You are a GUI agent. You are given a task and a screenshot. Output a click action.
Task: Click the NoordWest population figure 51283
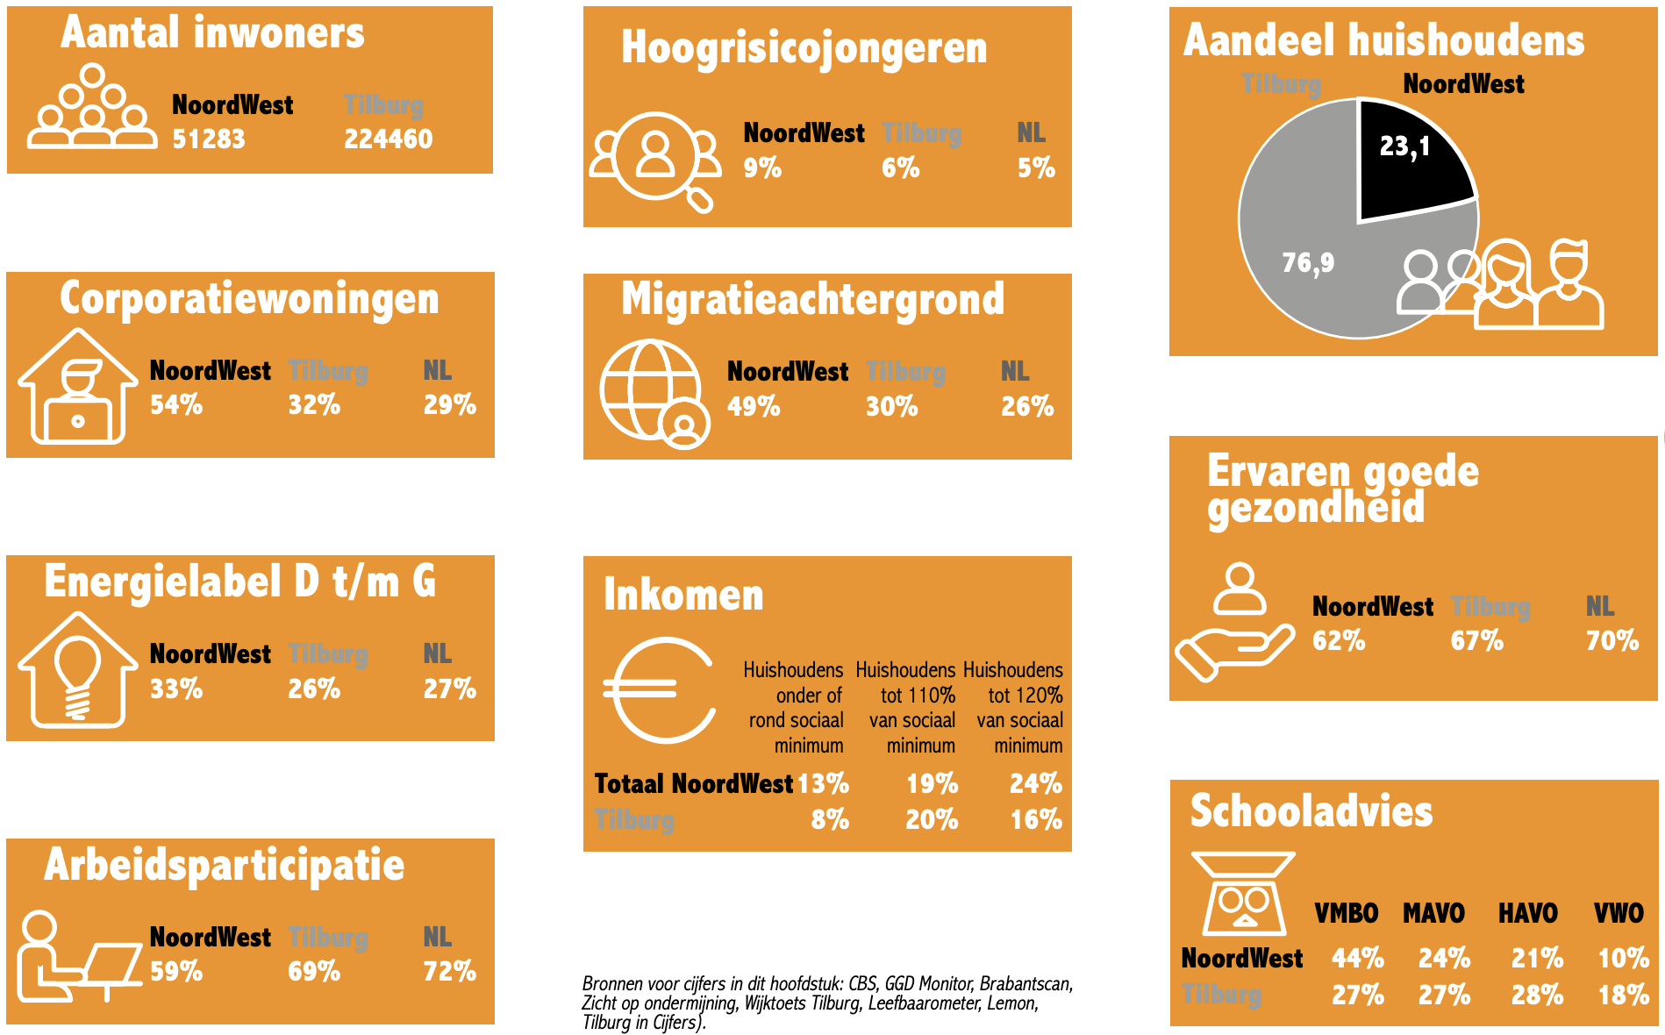209,139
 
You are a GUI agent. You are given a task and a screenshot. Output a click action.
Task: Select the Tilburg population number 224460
388,139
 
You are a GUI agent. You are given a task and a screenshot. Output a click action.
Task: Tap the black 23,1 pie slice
1408,162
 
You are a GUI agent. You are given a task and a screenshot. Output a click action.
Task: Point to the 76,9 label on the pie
1308,262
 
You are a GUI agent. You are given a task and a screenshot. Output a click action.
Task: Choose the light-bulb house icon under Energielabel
77,670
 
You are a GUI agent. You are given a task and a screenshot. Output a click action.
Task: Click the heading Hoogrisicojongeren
804,47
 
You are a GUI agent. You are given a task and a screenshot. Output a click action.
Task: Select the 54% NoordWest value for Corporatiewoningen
176,404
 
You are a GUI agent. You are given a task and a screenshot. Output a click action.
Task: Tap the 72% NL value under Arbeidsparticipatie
449,971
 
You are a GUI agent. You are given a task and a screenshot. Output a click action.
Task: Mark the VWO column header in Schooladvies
1619,913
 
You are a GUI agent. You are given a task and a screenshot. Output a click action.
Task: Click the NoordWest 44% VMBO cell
1358,958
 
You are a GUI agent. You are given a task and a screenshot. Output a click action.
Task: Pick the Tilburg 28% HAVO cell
1537,995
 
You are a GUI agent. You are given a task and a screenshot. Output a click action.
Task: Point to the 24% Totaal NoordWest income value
1036,783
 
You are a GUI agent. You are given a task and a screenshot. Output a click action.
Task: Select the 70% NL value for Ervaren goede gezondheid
1612,640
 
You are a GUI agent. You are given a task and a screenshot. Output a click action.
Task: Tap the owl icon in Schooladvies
1244,895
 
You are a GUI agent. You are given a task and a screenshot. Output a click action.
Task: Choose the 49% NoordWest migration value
754,406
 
